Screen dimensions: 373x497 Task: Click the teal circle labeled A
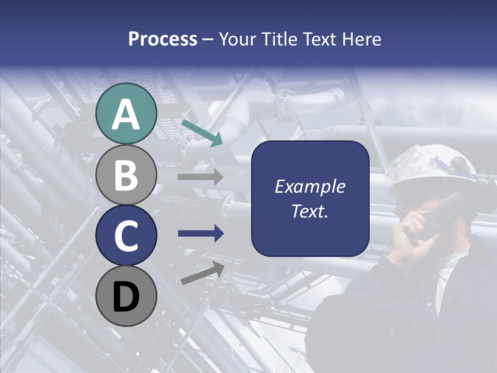coord(126,113)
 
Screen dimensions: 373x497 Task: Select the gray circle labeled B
coord(126,175)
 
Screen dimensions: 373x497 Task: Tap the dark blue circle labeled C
coord(126,236)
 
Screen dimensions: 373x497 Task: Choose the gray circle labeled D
coord(126,296)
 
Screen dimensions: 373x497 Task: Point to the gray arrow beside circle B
coord(200,177)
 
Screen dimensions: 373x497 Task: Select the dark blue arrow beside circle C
coord(200,234)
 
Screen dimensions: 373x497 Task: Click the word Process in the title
coord(163,39)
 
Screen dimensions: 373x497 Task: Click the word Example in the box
coord(310,187)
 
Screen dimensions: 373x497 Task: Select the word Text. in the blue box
coord(310,211)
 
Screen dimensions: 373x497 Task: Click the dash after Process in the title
coord(208,40)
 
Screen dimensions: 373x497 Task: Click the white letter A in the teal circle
coord(126,114)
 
